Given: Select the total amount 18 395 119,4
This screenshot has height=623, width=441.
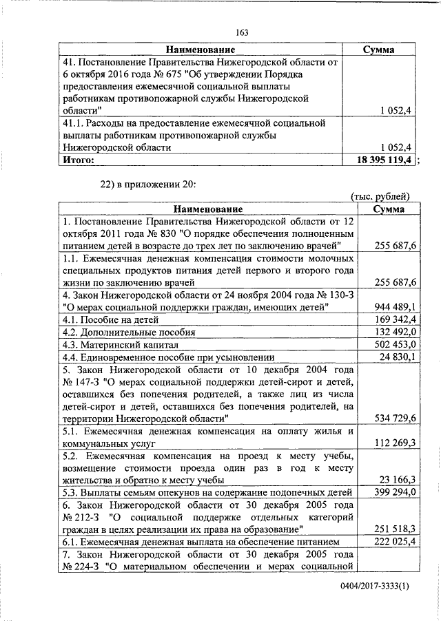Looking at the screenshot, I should (x=382, y=160).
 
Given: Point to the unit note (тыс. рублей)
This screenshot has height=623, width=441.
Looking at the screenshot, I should (x=381, y=197).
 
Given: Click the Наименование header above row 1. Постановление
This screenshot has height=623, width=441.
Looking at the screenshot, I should (x=207, y=209).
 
